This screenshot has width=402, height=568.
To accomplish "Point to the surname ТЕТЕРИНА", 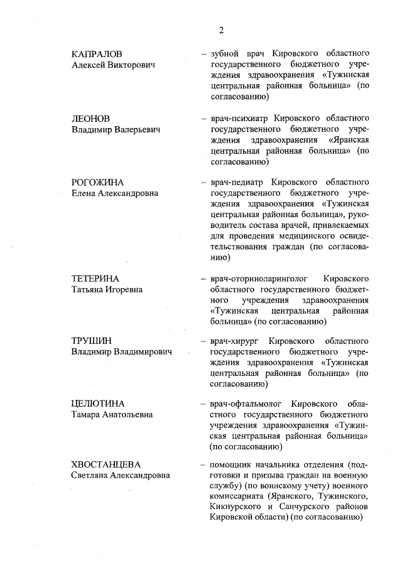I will [95, 279].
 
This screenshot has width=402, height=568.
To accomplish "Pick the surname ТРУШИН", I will [92, 341].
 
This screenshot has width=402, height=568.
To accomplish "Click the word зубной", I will [224, 54].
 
